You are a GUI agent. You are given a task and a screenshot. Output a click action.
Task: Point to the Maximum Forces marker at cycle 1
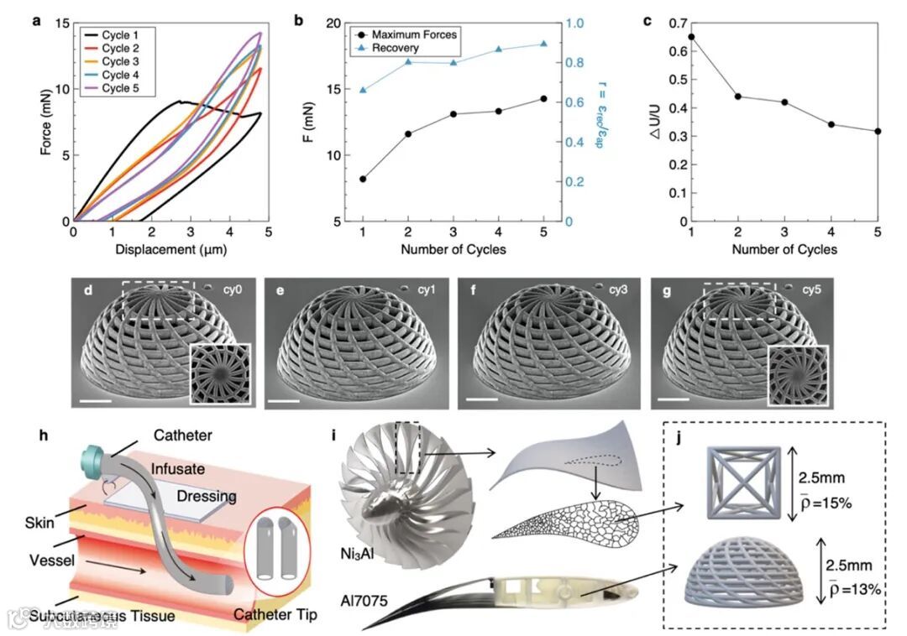pyautogui.click(x=363, y=179)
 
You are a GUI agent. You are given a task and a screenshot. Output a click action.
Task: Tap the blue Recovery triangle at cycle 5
pyautogui.click(x=543, y=44)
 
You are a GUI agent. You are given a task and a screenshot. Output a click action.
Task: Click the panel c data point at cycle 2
pyautogui.click(x=737, y=96)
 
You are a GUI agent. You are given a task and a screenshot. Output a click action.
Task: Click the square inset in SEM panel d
pyautogui.click(x=220, y=373)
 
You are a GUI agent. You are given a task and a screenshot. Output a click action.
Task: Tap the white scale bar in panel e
pyautogui.click(x=284, y=403)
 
